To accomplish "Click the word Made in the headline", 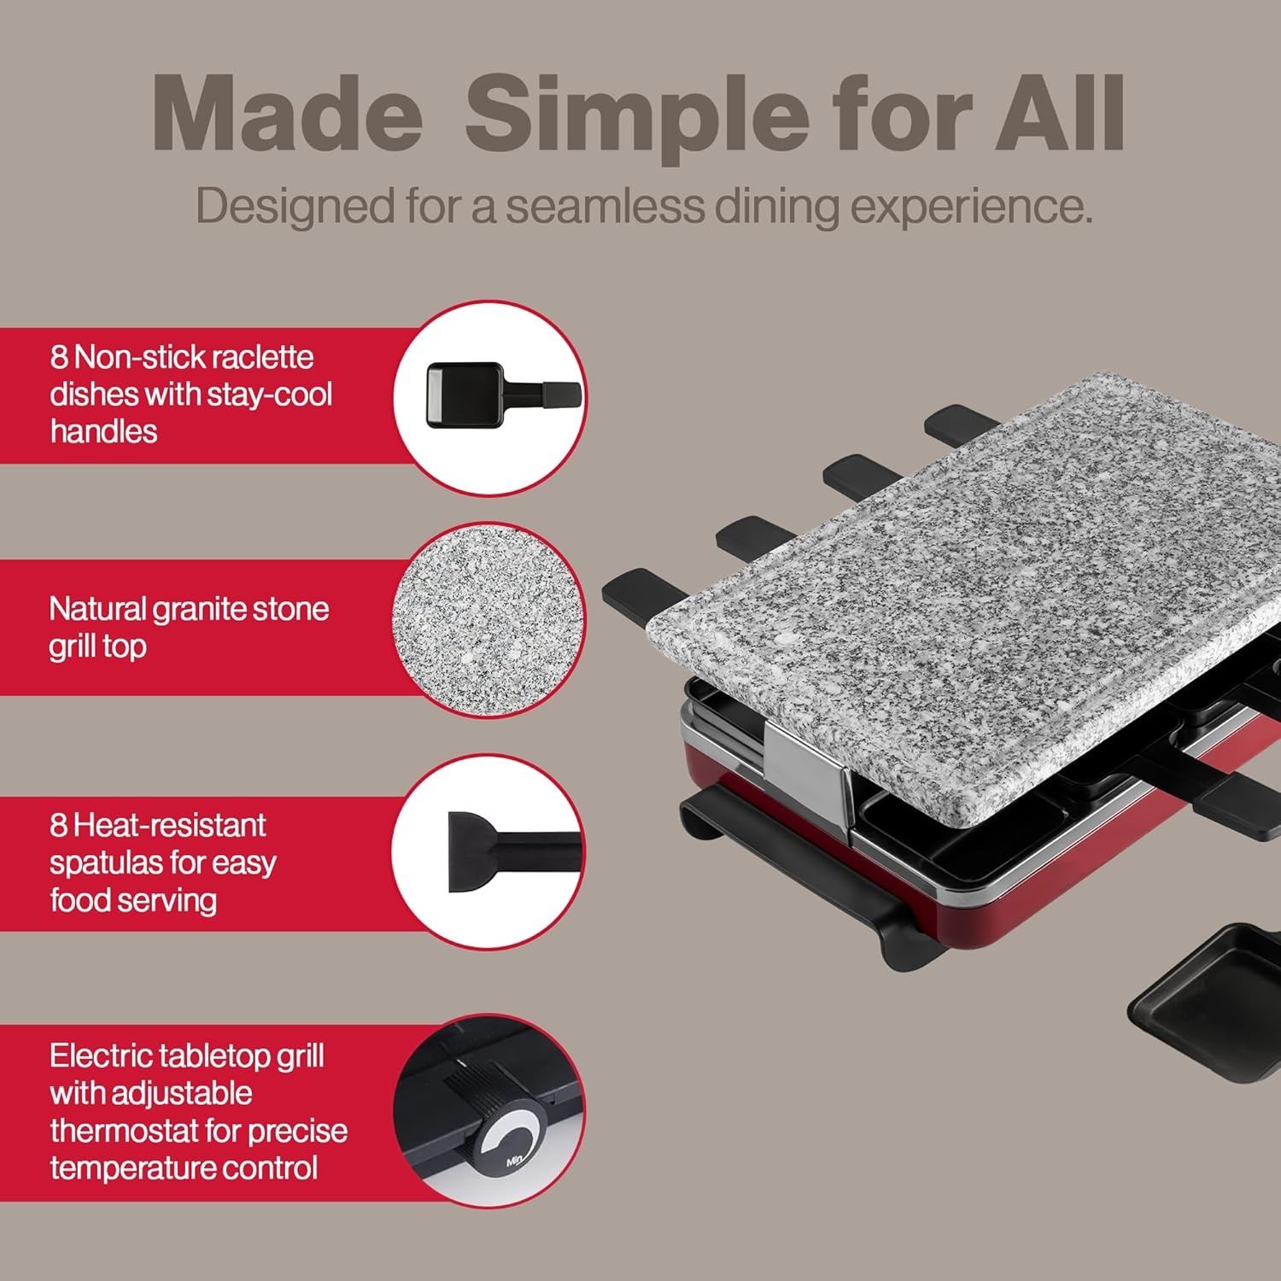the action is point(287,114).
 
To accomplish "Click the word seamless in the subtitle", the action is point(605,206).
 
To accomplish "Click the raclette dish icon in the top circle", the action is point(504,395).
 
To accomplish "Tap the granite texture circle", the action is point(489,620).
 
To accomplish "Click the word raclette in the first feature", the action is point(261,357).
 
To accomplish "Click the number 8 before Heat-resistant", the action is point(58,825).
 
